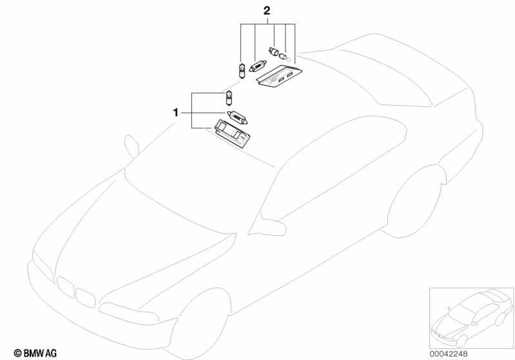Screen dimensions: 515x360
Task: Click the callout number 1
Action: [x=175, y=113]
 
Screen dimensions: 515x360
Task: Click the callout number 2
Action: [x=267, y=11]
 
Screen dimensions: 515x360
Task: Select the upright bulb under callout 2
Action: [x=241, y=71]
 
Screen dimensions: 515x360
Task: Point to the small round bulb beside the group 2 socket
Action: [x=285, y=58]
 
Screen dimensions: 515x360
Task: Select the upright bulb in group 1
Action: [x=229, y=98]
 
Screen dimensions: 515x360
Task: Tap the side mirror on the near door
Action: [x=267, y=225]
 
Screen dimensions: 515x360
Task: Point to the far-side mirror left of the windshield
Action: [x=131, y=146]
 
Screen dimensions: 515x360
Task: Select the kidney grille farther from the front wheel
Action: [x=65, y=287]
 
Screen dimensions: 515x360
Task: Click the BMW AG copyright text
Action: [x=35, y=354]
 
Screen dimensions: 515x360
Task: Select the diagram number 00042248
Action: [x=449, y=354]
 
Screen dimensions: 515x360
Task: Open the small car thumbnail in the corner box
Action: [x=471, y=318]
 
